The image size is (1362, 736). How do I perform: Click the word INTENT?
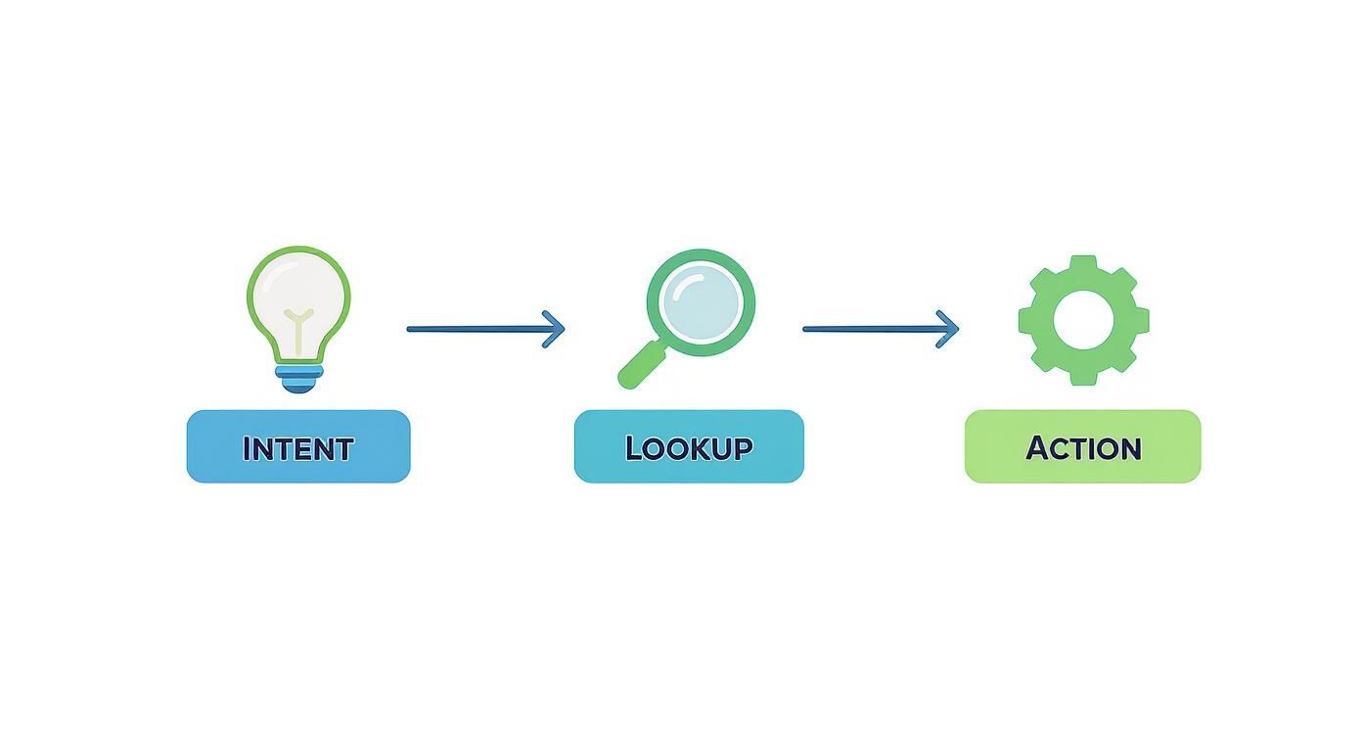pos(297,448)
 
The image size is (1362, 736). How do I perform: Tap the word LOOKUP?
pos(689,448)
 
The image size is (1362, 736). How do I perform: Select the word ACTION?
pos(1083,448)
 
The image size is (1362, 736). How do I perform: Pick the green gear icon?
pos(1083,320)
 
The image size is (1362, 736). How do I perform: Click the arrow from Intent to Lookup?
pos(484,329)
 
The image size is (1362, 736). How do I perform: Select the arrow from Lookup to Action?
pos(880,329)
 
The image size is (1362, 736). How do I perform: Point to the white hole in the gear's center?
pos(1083,320)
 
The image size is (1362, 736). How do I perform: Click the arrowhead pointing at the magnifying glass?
pos(556,329)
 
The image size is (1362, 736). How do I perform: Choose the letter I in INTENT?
pos(247,448)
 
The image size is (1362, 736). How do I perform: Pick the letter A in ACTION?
pos(1037,448)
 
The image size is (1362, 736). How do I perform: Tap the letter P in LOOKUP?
pos(743,448)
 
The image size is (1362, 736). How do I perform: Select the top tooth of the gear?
pos(1083,265)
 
